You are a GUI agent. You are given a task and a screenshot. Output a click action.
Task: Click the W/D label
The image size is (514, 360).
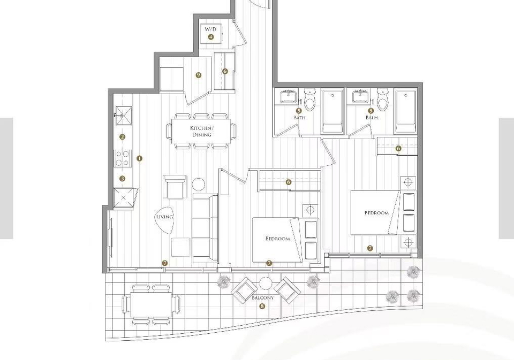(211, 29)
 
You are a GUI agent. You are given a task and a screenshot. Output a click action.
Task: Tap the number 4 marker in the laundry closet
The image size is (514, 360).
(211, 37)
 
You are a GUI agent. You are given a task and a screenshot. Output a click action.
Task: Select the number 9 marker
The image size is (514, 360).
(198, 75)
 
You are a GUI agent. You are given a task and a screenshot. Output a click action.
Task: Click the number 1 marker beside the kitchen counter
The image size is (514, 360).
(140, 158)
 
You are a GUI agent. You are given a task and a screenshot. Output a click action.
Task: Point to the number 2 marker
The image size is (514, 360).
(122, 136)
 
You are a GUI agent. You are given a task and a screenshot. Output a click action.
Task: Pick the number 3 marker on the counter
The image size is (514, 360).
(122, 179)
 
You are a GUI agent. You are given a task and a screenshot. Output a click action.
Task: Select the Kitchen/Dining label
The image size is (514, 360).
(202, 131)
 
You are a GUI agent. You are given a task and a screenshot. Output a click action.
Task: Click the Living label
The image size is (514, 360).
(164, 217)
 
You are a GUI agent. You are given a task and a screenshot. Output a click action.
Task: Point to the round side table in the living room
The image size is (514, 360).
(198, 184)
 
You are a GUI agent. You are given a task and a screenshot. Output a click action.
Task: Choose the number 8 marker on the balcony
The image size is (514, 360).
(262, 307)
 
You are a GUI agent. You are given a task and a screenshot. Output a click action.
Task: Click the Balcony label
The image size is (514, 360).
(262, 298)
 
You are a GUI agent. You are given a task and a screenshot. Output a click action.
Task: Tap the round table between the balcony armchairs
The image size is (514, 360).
(265, 284)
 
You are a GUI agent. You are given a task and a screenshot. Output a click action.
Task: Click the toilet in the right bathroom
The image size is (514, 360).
(382, 99)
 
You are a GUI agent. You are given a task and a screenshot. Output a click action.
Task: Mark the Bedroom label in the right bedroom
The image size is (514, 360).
(376, 213)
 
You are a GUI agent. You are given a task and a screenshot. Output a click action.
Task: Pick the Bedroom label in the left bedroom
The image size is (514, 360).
(278, 239)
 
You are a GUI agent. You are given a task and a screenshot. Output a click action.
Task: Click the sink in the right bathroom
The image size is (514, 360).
(361, 97)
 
